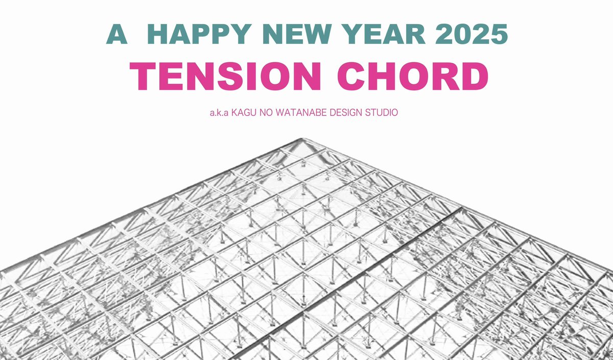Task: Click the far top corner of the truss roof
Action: point(302,139)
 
